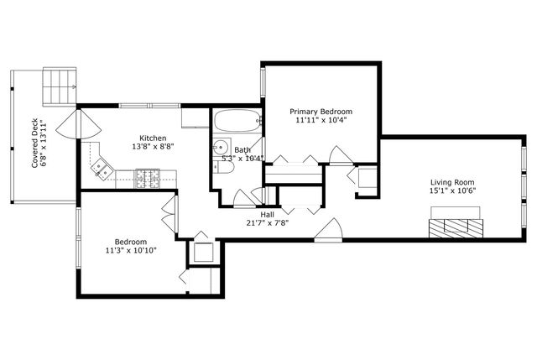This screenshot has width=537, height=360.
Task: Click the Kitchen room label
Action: click(x=153, y=138)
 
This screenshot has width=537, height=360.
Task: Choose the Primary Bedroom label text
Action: click(x=321, y=111)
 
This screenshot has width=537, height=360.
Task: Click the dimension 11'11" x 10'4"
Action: click(x=321, y=120)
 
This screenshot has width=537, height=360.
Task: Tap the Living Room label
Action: click(x=452, y=182)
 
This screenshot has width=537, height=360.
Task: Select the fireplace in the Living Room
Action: click(x=453, y=227)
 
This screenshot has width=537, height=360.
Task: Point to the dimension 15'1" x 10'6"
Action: click(x=452, y=191)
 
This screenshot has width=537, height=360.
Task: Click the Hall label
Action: click(x=267, y=214)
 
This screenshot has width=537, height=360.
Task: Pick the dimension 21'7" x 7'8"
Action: click(x=267, y=223)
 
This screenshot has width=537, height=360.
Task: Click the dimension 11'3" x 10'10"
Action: click(x=131, y=250)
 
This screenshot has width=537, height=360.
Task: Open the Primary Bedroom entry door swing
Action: click(x=340, y=155)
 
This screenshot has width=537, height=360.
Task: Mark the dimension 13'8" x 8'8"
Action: click(x=153, y=147)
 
